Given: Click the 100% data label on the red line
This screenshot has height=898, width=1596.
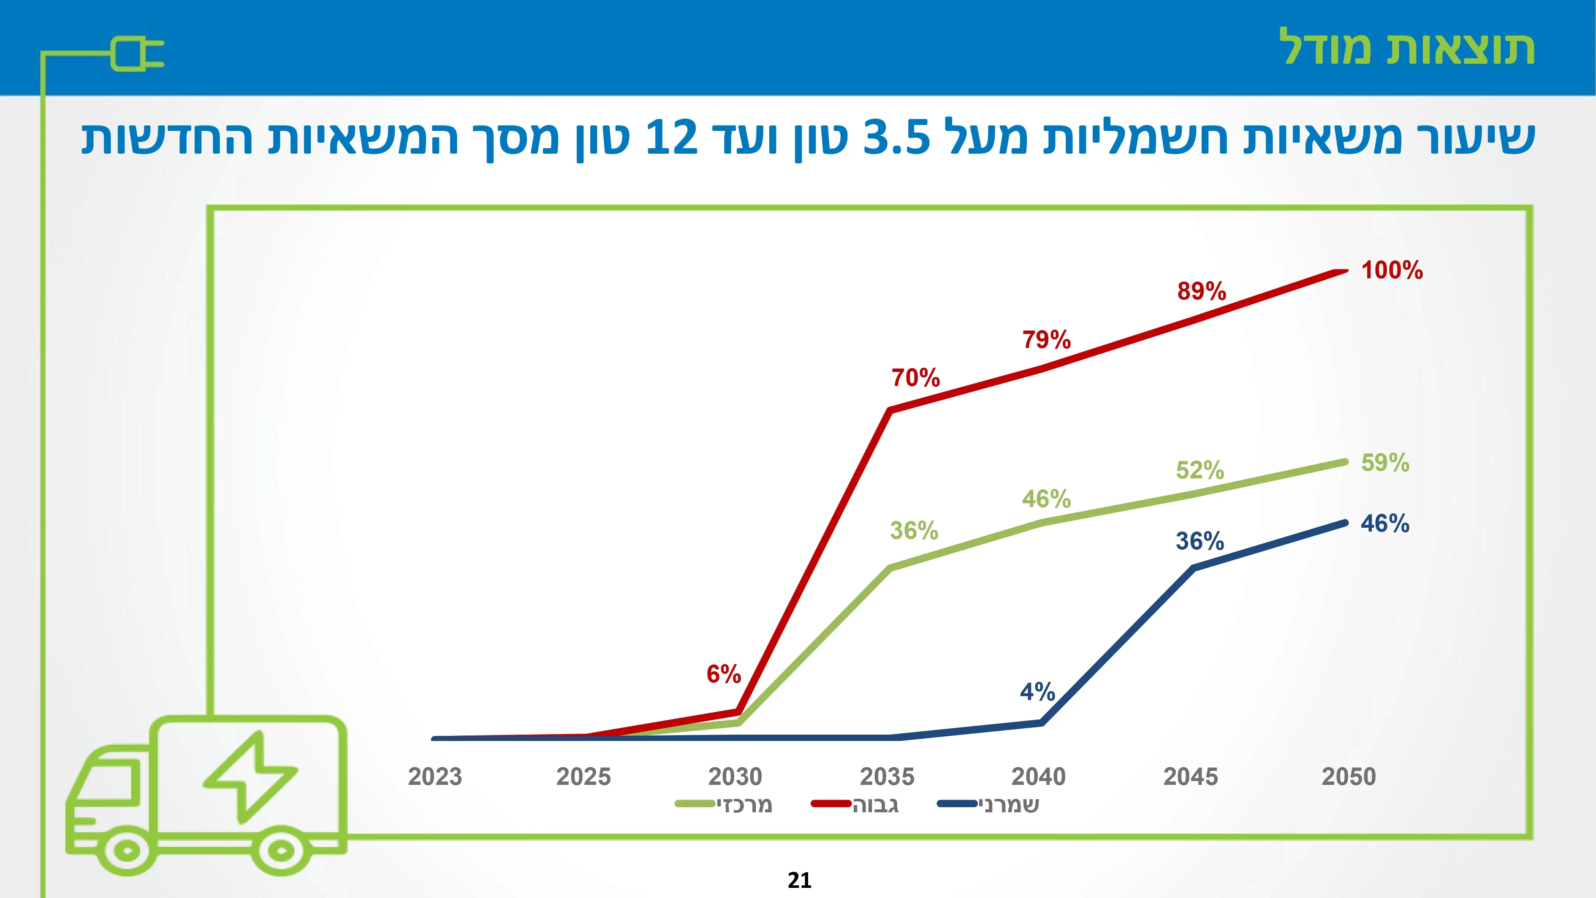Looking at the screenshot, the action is click(x=1392, y=271).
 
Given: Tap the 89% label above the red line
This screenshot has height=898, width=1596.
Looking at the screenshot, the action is click(x=1201, y=291).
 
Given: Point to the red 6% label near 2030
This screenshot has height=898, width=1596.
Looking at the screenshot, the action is click(x=724, y=674).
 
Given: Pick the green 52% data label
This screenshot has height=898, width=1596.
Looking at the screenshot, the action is click(x=1200, y=470).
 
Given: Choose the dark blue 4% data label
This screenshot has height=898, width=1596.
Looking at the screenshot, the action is click(x=1037, y=692).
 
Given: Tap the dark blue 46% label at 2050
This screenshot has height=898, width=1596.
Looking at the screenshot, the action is click(x=1385, y=524).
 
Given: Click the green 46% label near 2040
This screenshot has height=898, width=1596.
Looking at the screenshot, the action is click(x=1046, y=499).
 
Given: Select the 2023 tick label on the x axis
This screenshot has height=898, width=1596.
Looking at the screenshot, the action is click(x=435, y=776).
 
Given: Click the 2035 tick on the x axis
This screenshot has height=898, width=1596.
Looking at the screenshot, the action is click(x=887, y=776).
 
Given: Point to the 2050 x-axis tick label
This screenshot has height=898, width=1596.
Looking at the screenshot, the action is click(x=1349, y=776).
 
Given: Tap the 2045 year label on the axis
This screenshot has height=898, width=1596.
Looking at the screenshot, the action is click(x=1191, y=776).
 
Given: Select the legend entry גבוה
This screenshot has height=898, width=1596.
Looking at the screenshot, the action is click(x=855, y=804).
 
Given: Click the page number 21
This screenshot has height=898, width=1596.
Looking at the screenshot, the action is click(x=799, y=880).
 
